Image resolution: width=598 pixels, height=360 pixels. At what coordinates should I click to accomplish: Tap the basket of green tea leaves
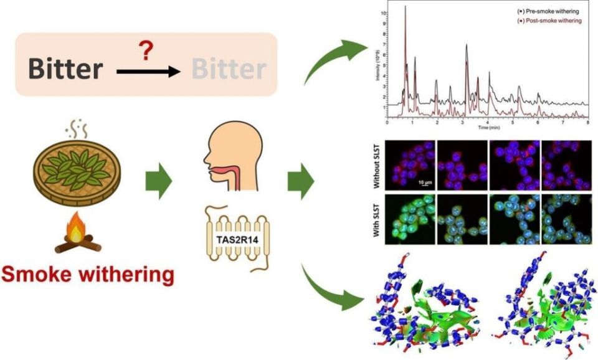[77, 168]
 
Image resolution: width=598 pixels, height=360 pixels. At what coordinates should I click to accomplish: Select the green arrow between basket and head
[158, 182]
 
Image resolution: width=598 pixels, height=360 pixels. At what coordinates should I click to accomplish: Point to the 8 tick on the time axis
[588, 122]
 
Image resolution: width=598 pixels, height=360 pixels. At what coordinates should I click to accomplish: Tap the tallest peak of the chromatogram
[406, 7]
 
